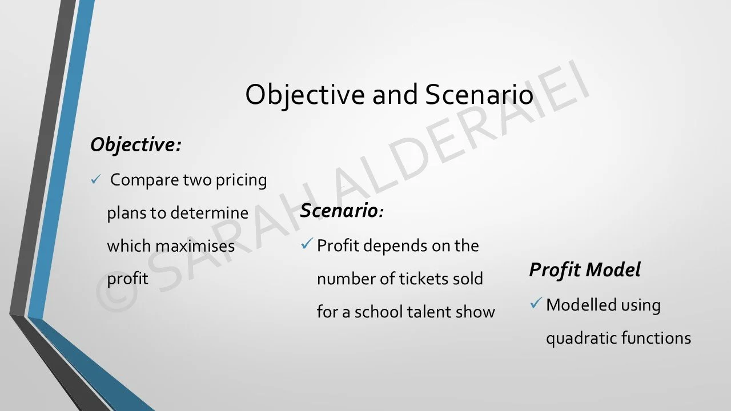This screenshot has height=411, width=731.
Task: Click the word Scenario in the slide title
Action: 479,95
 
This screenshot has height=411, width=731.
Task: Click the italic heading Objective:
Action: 135,145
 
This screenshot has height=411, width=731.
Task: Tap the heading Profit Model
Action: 585,269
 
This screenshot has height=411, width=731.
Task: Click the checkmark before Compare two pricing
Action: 95,180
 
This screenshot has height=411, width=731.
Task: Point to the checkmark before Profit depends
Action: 306,245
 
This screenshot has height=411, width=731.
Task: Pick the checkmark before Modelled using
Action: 535,304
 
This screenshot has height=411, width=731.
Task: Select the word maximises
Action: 195,246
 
